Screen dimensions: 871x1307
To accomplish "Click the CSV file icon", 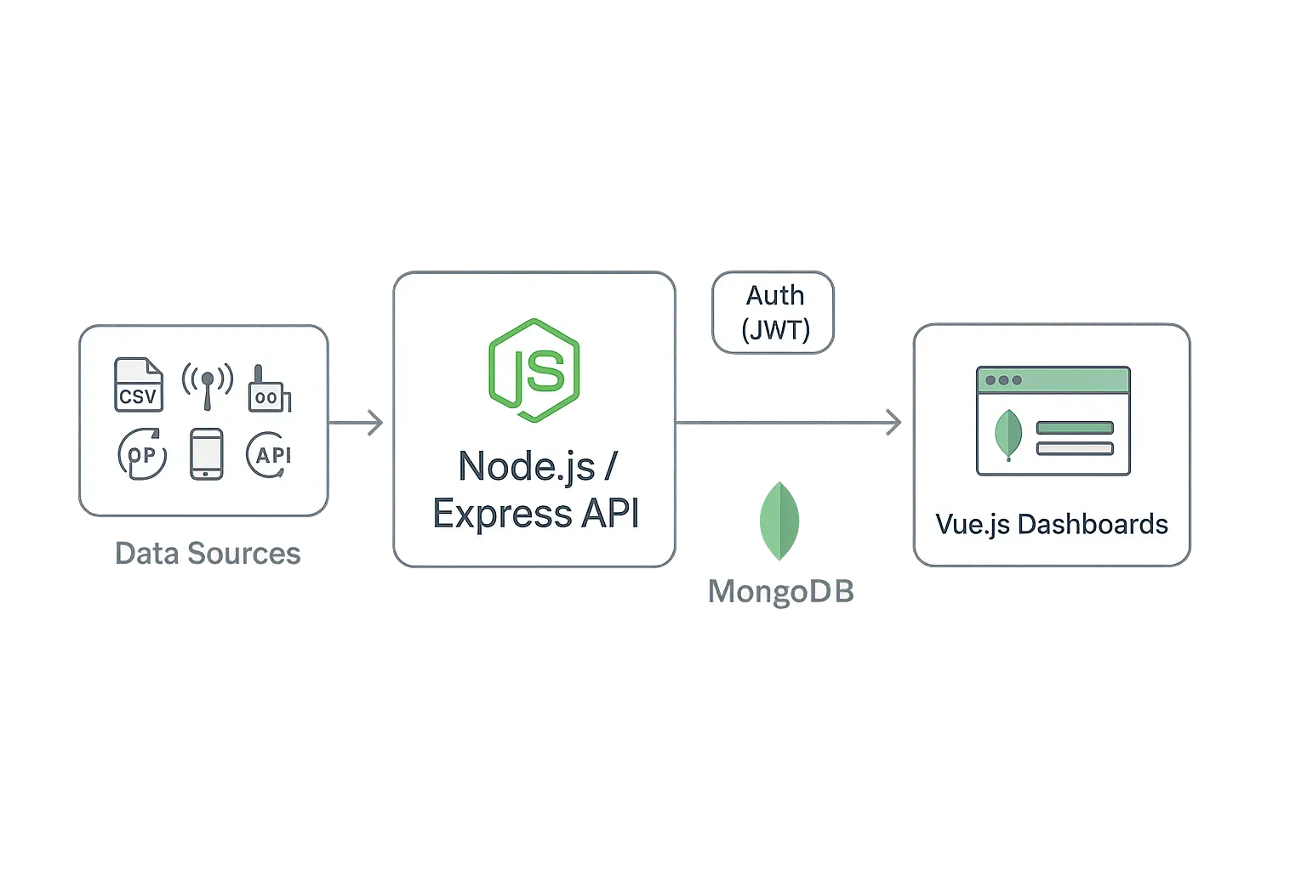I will coord(138,385).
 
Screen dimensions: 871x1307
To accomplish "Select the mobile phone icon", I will coord(206,454).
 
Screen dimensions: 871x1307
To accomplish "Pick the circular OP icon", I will coord(141,455).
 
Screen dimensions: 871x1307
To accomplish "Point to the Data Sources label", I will coord(208,553).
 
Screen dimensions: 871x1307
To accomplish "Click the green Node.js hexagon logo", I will coord(534,370).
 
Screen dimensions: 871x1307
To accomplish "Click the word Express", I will coord(489,514).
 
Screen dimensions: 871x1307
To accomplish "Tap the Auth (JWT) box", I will coord(773,312).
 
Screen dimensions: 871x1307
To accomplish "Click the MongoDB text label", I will coord(780,592).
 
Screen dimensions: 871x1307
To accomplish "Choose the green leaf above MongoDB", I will coord(779,520).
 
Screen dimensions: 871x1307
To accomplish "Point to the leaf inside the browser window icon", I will coord(1008,434).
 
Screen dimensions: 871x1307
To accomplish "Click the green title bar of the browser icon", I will coord(1053,380).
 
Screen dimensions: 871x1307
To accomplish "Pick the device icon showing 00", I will coord(266,390).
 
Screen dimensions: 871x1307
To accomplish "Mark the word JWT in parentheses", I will coord(775,329).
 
